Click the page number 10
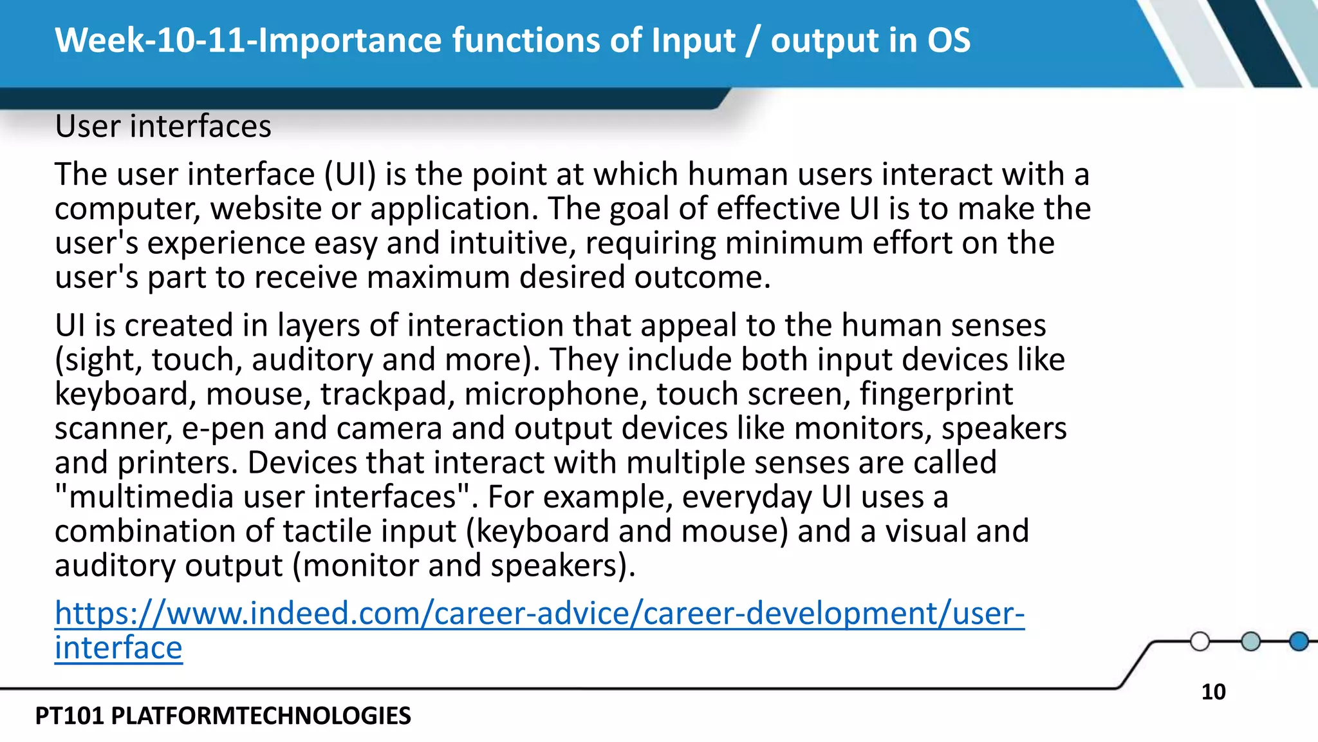click(x=1213, y=692)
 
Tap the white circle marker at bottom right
click(x=1200, y=642)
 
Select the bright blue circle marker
click(x=1299, y=642)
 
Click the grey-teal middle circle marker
click(x=1250, y=642)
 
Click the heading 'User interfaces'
click(x=163, y=126)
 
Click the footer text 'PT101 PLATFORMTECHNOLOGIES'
click(x=223, y=716)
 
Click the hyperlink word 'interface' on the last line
click(x=118, y=647)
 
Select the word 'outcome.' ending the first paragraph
click(x=702, y=278)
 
